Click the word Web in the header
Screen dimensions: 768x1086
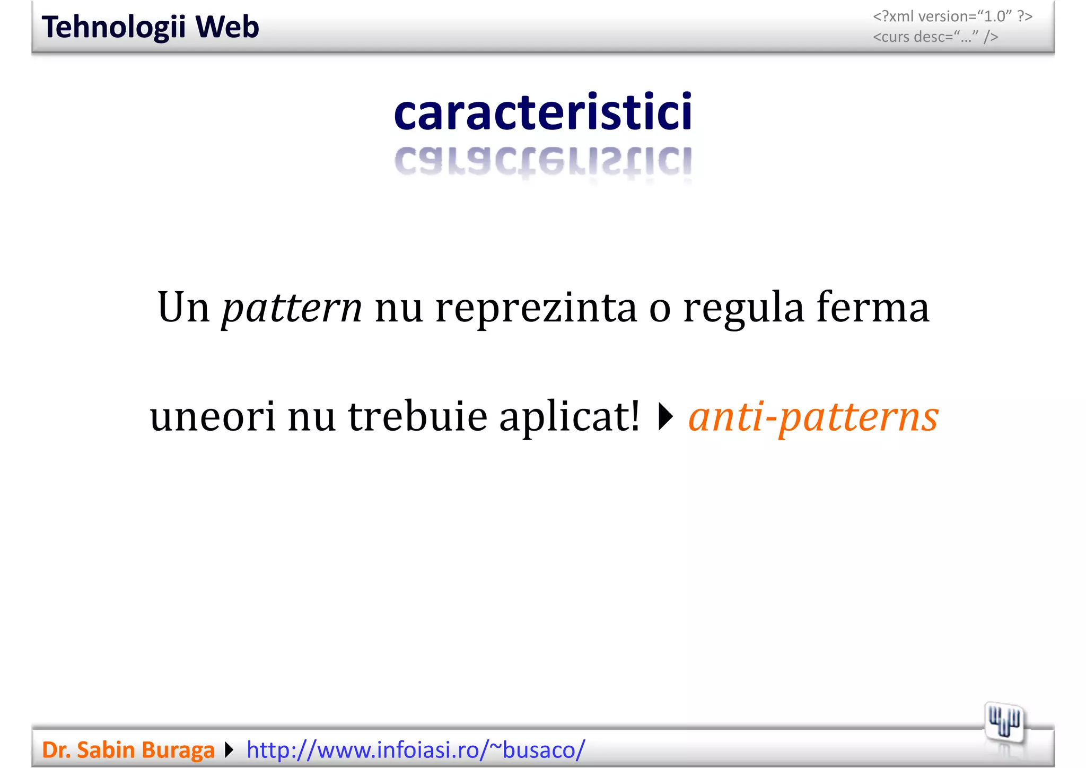pos(227,27)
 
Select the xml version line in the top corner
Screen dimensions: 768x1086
pos(952,16)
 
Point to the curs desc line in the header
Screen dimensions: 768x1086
pos(935,37)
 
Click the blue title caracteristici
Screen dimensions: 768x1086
pos(543,112)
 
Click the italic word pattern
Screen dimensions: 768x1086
pos(292,308)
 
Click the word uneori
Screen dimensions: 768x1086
pos(213,416)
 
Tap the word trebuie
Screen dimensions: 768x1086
pos(417,416)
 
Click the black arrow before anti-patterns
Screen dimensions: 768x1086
pos(665,417)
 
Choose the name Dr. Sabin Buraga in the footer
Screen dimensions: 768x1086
pos(128,750)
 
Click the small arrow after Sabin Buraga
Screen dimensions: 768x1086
pos(229,750)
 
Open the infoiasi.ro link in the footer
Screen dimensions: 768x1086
pos(416,750)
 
